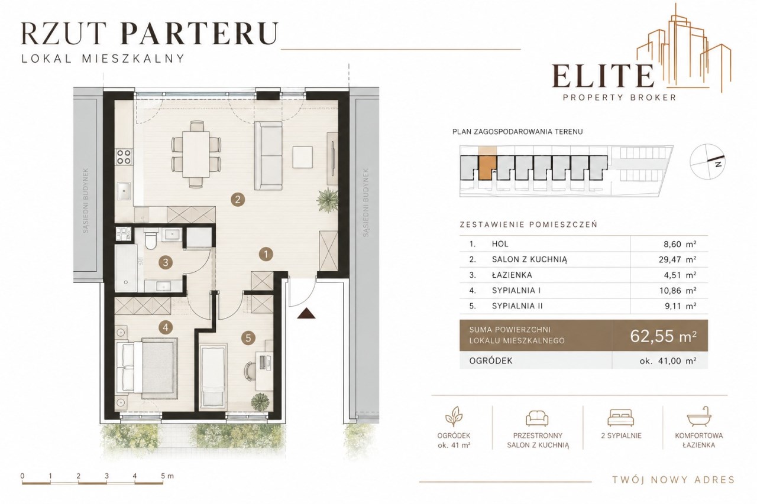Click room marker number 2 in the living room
pyautogui.click(x=238, y=200)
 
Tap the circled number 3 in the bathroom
pyautogui.click(x=166, y=262)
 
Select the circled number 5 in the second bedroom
pyautogui.click(x=248, y=338)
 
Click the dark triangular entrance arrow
pyautogui.click(x=306, y=313)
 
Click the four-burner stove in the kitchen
pyautogui.click(x=124, y=157)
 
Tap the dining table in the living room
pyautogui.click(x=196, y=154)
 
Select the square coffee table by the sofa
pyautogui.click(x=302, y=157)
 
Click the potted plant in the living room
pyautogui.click(x=328, y=200)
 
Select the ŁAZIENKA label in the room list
pyautogui.click(x=512, y=275)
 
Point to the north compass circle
pyautogui.click(x=707, y=161)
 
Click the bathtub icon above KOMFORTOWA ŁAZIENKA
pyautogui.click(x=698, y=417)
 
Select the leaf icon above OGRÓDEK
pyautogui.click(x=454, y=417)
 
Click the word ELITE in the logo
pyautogui.click(x=603, y=76)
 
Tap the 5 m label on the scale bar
pyautogui.click(x=167, y=476)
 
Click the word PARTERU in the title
pyautogui.click(x=199, y=33)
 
